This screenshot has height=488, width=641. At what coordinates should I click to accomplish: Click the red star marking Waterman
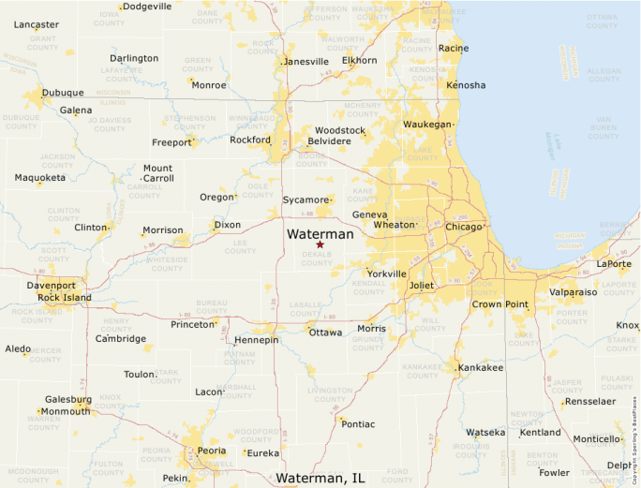point(320,244)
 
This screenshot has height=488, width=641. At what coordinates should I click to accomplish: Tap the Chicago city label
point(464,227)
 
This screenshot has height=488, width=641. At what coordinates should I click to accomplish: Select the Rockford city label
point(249,140)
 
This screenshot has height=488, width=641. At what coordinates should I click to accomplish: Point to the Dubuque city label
point(63,93)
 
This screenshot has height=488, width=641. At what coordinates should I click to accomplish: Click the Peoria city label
point(211,451)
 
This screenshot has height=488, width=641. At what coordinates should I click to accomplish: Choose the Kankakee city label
point(481,368)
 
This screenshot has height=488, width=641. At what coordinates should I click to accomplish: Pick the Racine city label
point(454,48)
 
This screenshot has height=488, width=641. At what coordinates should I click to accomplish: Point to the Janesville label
point(306,62)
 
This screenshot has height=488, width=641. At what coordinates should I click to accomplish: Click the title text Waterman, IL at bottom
point(320,478)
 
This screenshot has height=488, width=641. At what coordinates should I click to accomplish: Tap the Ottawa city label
point(325,333)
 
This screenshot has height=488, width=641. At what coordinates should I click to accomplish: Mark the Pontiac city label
point(358,424)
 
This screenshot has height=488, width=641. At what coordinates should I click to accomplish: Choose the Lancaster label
point(36,24)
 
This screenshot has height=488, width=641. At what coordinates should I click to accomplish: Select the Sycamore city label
point(306,200)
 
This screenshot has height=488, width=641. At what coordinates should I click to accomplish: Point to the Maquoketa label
point(40,177)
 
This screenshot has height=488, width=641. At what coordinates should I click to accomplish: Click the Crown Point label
point(499,304)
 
